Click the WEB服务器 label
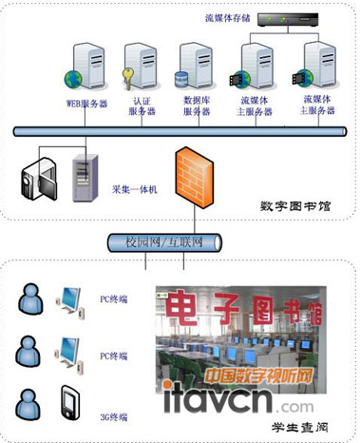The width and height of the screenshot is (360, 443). click(x=85, y=103)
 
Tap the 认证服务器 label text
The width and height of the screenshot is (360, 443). click(x=142, y=106)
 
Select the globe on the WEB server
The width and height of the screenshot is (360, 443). click(x=71, y=80)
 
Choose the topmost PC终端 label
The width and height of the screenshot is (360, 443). click(x=114, y=299)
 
